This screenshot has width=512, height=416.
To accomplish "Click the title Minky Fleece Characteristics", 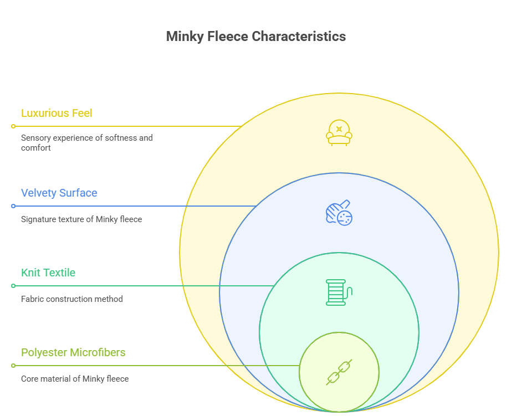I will tap(255, 37).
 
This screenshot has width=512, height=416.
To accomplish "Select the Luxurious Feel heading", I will tap(57, 113).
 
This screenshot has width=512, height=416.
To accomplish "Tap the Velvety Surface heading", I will tap(59, 193).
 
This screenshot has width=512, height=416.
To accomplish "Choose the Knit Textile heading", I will tap(48, 273).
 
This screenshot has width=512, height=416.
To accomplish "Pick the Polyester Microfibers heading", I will tap(73, 352).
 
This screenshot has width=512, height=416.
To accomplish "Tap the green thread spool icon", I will tap(339, 292).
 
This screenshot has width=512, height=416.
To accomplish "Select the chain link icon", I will tap(339, 372).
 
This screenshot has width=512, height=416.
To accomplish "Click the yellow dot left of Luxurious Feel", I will tap(13, 126).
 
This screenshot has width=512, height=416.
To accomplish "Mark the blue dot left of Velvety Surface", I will tap(13, 206).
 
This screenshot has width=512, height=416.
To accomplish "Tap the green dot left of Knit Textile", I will tap(13, 286).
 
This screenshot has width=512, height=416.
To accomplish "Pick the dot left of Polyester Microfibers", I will tap(13, 366).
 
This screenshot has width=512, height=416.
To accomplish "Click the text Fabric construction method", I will tap(72, 299).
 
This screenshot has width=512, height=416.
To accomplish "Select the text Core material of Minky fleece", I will tap(75, 379).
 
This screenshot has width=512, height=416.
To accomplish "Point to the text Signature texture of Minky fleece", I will tap(81, 219).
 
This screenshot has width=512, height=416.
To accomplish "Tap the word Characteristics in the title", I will tap(299, 37).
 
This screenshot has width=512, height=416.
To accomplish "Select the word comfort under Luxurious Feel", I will tap(35, 148).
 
